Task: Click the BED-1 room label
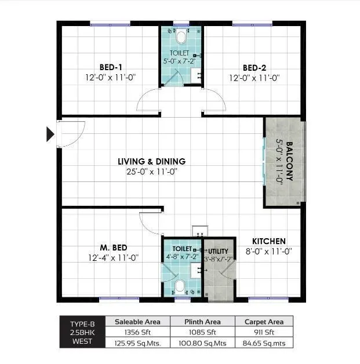111,67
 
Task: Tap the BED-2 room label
254,67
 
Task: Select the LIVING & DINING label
151,161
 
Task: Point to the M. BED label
113,247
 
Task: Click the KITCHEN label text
268,241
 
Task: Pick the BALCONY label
289,162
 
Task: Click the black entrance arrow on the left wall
50,134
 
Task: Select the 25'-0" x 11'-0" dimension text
151,171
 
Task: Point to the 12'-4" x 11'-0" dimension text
113,257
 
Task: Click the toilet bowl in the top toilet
181,38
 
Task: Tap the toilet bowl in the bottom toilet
180,286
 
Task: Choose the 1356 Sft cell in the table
137,332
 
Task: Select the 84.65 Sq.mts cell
264,343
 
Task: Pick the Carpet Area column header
264,321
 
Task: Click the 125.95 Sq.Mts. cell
137,343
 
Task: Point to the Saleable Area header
137,321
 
